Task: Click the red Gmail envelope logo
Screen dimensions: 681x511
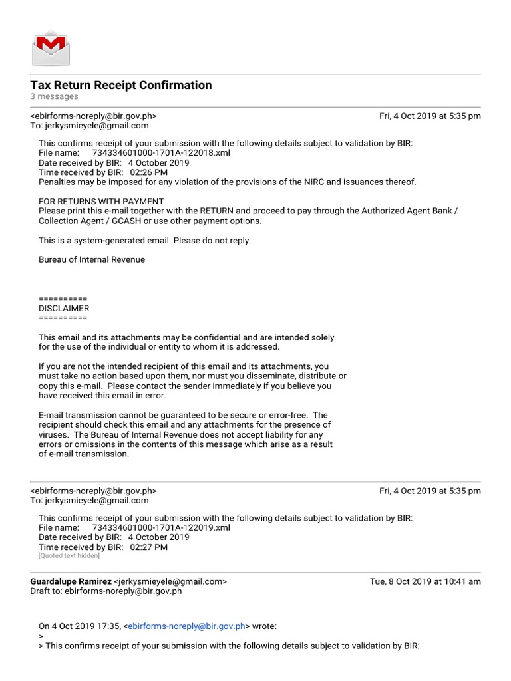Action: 51,47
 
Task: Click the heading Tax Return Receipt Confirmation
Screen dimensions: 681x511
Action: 121,85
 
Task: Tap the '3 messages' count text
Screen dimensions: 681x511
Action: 54,97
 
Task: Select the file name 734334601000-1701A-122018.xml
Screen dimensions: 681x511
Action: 161,153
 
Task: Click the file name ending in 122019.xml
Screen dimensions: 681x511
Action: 161,528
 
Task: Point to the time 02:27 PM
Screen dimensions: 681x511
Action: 149,547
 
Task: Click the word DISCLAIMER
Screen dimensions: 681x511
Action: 64,309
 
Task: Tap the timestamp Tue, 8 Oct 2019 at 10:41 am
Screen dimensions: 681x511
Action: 425,581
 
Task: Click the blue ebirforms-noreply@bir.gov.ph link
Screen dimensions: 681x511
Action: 186,626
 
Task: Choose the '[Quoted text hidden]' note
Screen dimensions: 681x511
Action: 69,556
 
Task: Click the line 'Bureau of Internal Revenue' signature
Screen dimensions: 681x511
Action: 92,260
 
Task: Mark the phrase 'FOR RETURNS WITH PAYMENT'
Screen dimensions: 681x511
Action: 101,202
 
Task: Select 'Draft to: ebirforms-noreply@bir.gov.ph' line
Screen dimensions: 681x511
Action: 106,591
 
